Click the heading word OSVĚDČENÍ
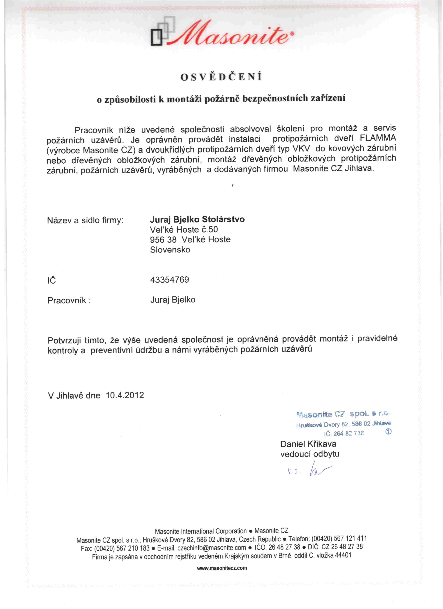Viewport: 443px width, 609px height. (221, 77)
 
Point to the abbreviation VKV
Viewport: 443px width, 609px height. (301, 148)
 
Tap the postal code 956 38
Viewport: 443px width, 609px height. (163, 240)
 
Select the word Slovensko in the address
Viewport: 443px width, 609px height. (170, 250)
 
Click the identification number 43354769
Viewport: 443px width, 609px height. (170, 280)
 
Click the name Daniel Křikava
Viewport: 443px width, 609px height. (308, 444)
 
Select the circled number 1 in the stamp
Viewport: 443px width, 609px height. (388, 431)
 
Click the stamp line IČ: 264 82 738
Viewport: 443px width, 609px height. (344, 433)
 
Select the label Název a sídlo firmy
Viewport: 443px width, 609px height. (85, 221)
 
